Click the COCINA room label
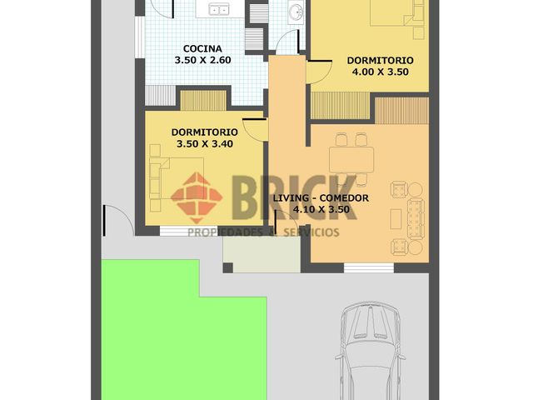click(202, 48)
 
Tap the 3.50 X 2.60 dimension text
click(202, 60)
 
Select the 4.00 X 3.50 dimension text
click(380, 72)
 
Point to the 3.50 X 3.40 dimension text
click(205, 143)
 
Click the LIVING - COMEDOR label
click(321, 198)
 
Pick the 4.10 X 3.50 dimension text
click(321, 209)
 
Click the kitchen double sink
click(219, 9)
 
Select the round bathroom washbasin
click(296, 11)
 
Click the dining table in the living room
click(351, 159)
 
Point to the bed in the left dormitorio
click(177, 177)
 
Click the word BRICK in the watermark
click(295, 198)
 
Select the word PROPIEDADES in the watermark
click(226, 232)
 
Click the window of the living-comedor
click(369, 267)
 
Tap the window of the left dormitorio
click(189, 231)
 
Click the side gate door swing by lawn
click(117, 220)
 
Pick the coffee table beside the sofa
click(396, 219)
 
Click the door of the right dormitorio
click(319, 72)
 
